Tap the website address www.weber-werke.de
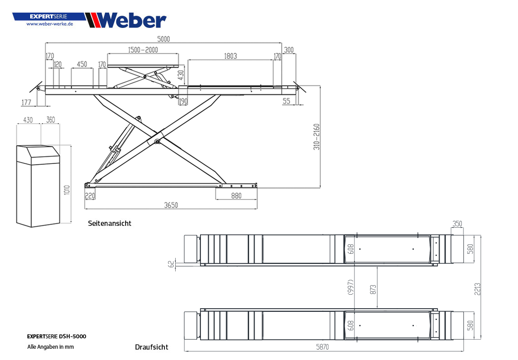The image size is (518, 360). coord(50,24)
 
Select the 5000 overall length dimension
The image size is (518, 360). coord(163,39)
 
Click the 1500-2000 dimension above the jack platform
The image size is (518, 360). coord(143,50)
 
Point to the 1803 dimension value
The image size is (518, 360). coord(230,56)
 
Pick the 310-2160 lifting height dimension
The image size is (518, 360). coord(317,137)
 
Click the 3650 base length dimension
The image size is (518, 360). coord(171,205)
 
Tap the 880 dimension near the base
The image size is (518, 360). coord(236,196)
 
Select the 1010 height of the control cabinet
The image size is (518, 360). coord(67,190)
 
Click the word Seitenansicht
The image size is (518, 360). coord(109,223)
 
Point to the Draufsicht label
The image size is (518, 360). coord(152,347)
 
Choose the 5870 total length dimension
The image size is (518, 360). coord(323,347)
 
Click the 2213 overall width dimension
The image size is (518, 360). coord(477,289)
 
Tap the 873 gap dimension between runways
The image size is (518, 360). coord(373,290)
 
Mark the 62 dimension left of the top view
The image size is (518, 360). coord(171,264)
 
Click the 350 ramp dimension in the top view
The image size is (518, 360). coord(457,224)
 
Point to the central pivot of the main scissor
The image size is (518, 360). coord(157,142)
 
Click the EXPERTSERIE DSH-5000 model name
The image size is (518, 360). coord(56,337)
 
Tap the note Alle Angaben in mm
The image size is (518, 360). coord(50,347)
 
